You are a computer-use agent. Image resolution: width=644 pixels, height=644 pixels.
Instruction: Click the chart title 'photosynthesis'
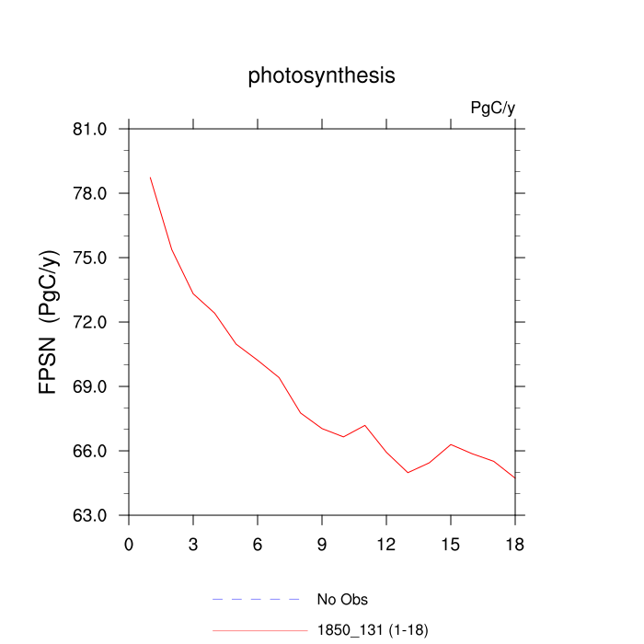point(321,76)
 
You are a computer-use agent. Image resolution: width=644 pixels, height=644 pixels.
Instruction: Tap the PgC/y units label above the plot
point(492,109)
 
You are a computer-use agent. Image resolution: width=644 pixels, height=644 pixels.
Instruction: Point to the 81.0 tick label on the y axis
point(95,129)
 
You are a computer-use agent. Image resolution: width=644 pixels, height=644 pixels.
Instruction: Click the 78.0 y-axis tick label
point(95,193)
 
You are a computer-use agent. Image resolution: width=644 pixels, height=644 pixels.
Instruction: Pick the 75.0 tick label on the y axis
point(95,258)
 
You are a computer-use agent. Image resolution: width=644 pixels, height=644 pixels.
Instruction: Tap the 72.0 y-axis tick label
point(95,322)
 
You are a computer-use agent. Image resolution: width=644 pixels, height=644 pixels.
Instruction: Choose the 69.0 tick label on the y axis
point(95,386)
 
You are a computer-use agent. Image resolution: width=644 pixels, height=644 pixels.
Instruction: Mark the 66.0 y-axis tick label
point(95,451)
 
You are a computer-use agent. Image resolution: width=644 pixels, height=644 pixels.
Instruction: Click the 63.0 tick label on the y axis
point(95,515)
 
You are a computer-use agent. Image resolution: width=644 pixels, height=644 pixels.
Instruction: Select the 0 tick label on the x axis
point(129,543)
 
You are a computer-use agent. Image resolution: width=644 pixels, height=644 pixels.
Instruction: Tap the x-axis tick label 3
point(193,543)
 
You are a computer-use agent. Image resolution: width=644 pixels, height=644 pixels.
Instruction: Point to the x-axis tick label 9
point(322,543)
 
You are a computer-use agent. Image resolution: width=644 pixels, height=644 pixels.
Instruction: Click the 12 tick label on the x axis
point(386,543)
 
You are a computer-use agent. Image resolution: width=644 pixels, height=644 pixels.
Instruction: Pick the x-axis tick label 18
point(515,543)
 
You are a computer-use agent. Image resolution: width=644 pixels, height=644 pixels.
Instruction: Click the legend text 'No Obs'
point(342,600)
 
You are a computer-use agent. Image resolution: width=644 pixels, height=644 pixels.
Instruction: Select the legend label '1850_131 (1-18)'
point(373,630)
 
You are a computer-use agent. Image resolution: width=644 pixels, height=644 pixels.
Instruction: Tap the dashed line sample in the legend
point(258,600)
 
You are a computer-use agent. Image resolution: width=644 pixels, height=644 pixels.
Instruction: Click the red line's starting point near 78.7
point(150,178)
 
